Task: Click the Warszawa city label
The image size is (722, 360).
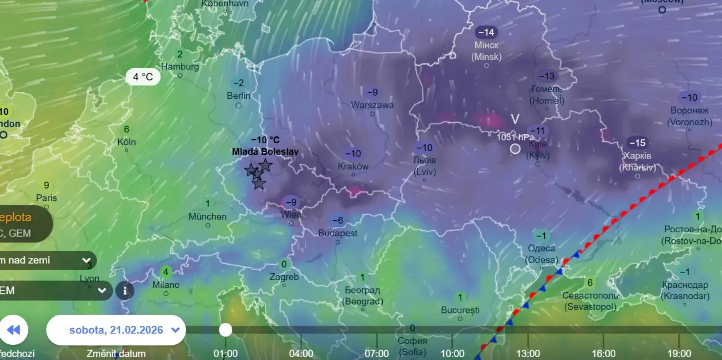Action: [372, 105]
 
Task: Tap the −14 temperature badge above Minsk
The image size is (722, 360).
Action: [486, 32]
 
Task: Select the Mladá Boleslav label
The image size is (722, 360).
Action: [265, 152]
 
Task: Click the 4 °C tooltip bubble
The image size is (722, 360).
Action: [143, 77]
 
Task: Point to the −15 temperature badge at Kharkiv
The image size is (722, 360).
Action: [637, 143]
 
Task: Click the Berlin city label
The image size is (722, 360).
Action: [238, 96]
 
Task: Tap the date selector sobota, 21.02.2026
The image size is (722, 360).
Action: [116, 330]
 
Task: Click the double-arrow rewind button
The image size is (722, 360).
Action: [14, 330]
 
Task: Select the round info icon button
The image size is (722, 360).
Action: [125, 290]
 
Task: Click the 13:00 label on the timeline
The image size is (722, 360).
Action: [528, 354]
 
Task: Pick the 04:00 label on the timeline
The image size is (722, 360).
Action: [301, 354]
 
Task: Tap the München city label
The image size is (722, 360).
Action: [207, 217]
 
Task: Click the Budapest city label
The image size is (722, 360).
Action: [338, 233]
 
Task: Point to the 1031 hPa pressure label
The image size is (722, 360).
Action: [515, 137]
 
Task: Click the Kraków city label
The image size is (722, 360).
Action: [353, 166]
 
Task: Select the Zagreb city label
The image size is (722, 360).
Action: [284, 277]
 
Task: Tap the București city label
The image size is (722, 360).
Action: [460, 310]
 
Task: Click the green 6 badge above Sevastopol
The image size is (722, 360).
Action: [590, 283]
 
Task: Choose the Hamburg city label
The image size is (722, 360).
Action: [180, 67]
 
